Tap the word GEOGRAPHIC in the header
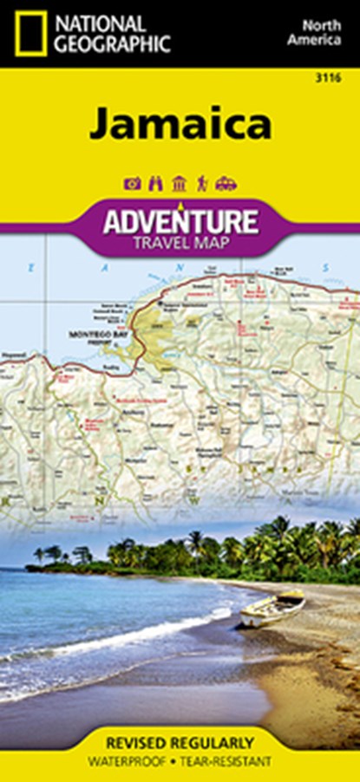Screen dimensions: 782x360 point(111,44)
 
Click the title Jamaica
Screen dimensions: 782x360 point(180,124)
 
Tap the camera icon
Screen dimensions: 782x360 point(133,183)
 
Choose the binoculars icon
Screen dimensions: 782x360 point(156,183)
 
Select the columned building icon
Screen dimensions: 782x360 point(180,183)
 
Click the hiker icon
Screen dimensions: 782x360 point(202,183)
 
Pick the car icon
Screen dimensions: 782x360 point(226,183)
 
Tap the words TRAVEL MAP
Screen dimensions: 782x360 point(180,242)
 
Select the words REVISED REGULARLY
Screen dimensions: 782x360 point(180,743)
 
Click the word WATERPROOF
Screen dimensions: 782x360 point(139,761)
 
